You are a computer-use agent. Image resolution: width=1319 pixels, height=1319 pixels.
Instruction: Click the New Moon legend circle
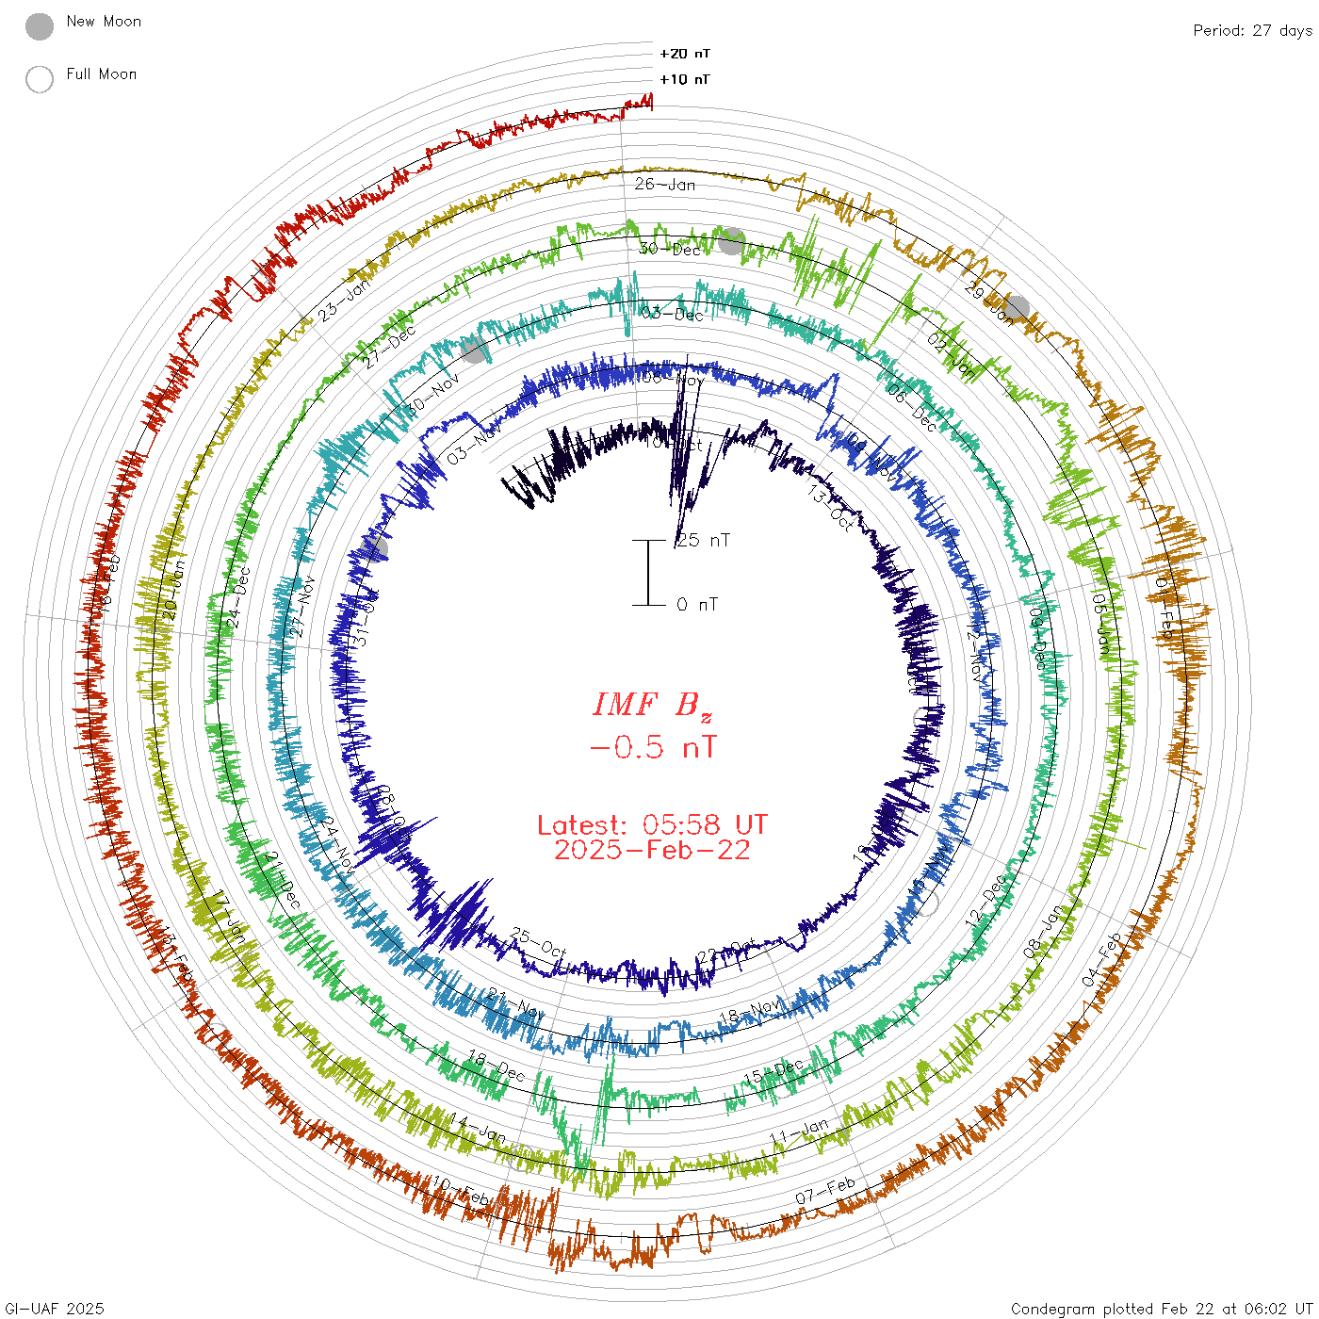click(x=40, y=26)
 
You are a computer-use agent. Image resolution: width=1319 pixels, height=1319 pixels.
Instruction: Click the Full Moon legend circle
click(x=40, y=79)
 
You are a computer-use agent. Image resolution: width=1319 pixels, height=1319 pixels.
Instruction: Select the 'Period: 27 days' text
click(x=1252, y=30)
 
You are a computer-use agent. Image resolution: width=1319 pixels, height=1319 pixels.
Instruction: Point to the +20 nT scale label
click(x=685, y=54)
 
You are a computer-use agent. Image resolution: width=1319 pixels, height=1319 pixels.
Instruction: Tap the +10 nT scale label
click(x=685, y=79)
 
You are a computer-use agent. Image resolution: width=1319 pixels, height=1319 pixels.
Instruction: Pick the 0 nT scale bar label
click(x=697, y=605)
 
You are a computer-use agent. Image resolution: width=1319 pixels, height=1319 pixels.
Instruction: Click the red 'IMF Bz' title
click(x=652, y=705)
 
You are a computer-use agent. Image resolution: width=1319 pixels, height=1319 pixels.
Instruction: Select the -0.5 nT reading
click(x=652, y=748)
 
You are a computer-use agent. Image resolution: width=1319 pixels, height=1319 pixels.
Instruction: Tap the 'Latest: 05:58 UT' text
click(x=652, y=825)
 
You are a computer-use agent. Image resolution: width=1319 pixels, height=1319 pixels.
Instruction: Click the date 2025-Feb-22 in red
click(x=652, y=850)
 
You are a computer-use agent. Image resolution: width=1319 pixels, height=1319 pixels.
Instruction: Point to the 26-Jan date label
click(x=665, y=185)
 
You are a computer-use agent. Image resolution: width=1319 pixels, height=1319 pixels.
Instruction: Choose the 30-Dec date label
click(x=670, y=250)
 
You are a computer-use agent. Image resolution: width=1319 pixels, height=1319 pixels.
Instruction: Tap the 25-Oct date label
click(x=538, y=942)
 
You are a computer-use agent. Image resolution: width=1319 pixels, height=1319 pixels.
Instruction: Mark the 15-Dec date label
click(x=773, y=1071)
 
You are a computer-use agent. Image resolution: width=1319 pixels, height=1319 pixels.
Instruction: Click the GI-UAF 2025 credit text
click(x=54, y=1309)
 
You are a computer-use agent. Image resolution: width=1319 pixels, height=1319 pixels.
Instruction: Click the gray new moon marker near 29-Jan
click(x=1017, y=308)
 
